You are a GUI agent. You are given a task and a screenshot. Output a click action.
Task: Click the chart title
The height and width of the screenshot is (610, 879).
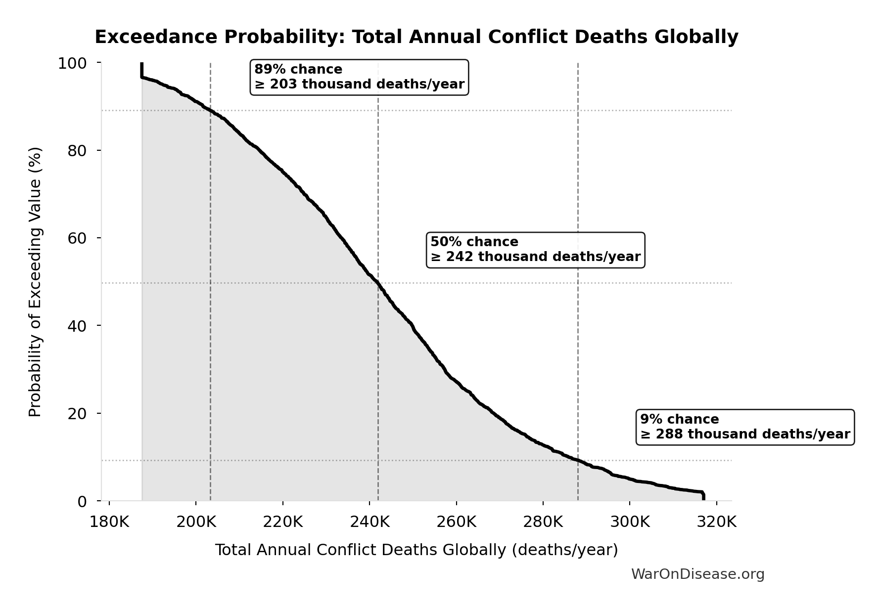pyautogui.click(x=416, y=37)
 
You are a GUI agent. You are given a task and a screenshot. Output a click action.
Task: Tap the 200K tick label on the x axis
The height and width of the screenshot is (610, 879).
pyautogui.click(x=196, y=522)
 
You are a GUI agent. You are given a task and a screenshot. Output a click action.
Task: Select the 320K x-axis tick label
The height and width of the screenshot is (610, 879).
pyautogui.click(x=716, y=522)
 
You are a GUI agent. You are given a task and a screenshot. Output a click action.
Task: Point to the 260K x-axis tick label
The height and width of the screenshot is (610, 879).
pyautogui.click(x=456, y=522)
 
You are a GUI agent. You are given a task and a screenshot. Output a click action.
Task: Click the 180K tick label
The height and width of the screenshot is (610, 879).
pyautogui.click(x=109, y=522)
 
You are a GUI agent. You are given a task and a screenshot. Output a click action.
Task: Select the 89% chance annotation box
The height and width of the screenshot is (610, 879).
pyautogui.click(x=359, y=77)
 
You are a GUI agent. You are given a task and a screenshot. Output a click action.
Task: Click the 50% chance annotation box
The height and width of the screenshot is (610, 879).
pyautogui.click(x=535, y=250)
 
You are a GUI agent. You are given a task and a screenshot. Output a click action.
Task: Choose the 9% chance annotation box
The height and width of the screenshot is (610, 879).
pyautogui.click(x=744, y=427)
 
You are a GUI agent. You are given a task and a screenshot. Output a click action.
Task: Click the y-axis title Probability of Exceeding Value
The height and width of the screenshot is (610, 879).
pyautogui.click(x=35, y=282)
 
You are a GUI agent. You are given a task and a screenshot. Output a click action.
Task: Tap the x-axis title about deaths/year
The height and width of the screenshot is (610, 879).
pyautogui.click(x=416, y=550)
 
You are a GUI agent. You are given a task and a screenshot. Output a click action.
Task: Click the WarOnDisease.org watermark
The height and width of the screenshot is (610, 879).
pyautogui.click(x=697, y=574)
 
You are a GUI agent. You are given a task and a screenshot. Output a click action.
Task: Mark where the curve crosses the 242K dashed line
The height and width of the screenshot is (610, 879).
pyautogui.click(x=378, y=283)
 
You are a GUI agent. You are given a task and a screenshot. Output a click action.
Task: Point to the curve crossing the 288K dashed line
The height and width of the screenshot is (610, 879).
pyautogui.click(x=578, y=460)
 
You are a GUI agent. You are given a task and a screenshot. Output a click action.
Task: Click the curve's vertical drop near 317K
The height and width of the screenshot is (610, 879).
pyautogui.click(x=703, y=496)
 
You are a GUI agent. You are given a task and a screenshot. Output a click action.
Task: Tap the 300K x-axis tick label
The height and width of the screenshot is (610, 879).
pyautogui.click(x=630, y=522)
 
